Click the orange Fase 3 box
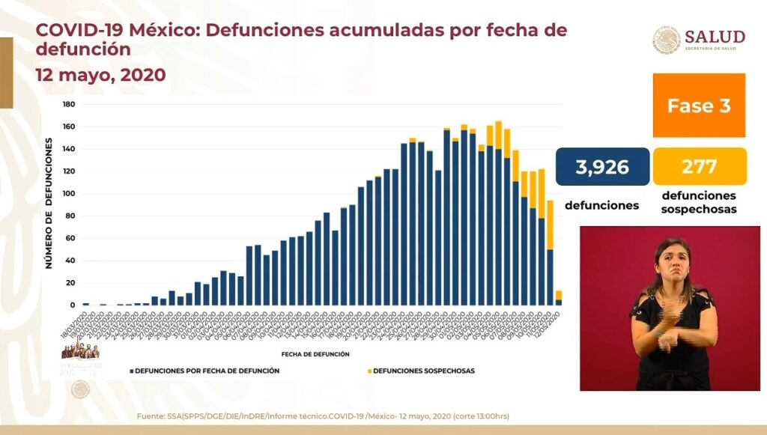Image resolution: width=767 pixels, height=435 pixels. [698, 105]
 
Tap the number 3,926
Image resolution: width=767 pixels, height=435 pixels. [602, 166]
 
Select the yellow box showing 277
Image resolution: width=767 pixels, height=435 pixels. [700, 166]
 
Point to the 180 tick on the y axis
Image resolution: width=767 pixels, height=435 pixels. [68, 104]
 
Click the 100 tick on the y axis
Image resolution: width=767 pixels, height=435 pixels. [68, 194]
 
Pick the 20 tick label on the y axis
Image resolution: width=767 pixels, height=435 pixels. [70, 283]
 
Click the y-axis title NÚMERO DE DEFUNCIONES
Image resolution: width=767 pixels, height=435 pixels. [49, 198]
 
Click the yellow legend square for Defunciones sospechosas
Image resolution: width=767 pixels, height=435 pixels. [369, 371]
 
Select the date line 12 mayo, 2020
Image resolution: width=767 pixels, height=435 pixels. [100, 76]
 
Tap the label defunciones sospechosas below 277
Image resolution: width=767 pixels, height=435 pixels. [700, 203]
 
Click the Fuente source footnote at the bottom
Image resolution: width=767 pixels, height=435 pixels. [324, 416]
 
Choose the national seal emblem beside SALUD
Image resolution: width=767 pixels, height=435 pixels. [666, 40]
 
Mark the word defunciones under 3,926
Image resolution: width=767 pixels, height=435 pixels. [601, 204]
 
